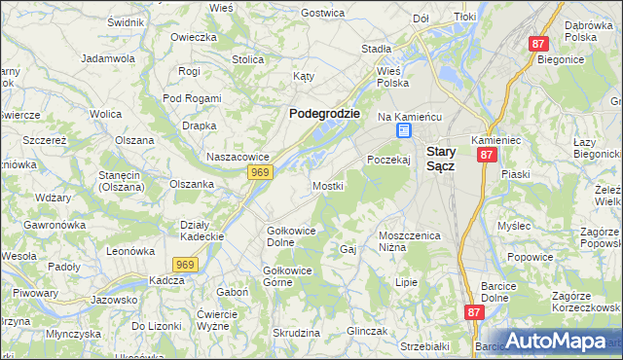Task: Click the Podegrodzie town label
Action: click(x=325, y=113)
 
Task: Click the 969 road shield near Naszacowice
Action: click(x=259, y=172)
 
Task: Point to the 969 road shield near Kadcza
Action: click(x=187, y=264)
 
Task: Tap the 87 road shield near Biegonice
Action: click(x=539, y=44)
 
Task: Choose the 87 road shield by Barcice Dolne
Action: click(x=474, y=312)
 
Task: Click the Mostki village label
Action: click(x=328, y=185)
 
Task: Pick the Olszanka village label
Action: click(x=192, y=183)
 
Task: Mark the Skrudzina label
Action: click(x=297, y=333)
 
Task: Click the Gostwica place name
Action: click(x=323, y=13)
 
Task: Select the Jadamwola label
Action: click(x=108, y=58)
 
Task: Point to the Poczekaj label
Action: click(x=388, y=160)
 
